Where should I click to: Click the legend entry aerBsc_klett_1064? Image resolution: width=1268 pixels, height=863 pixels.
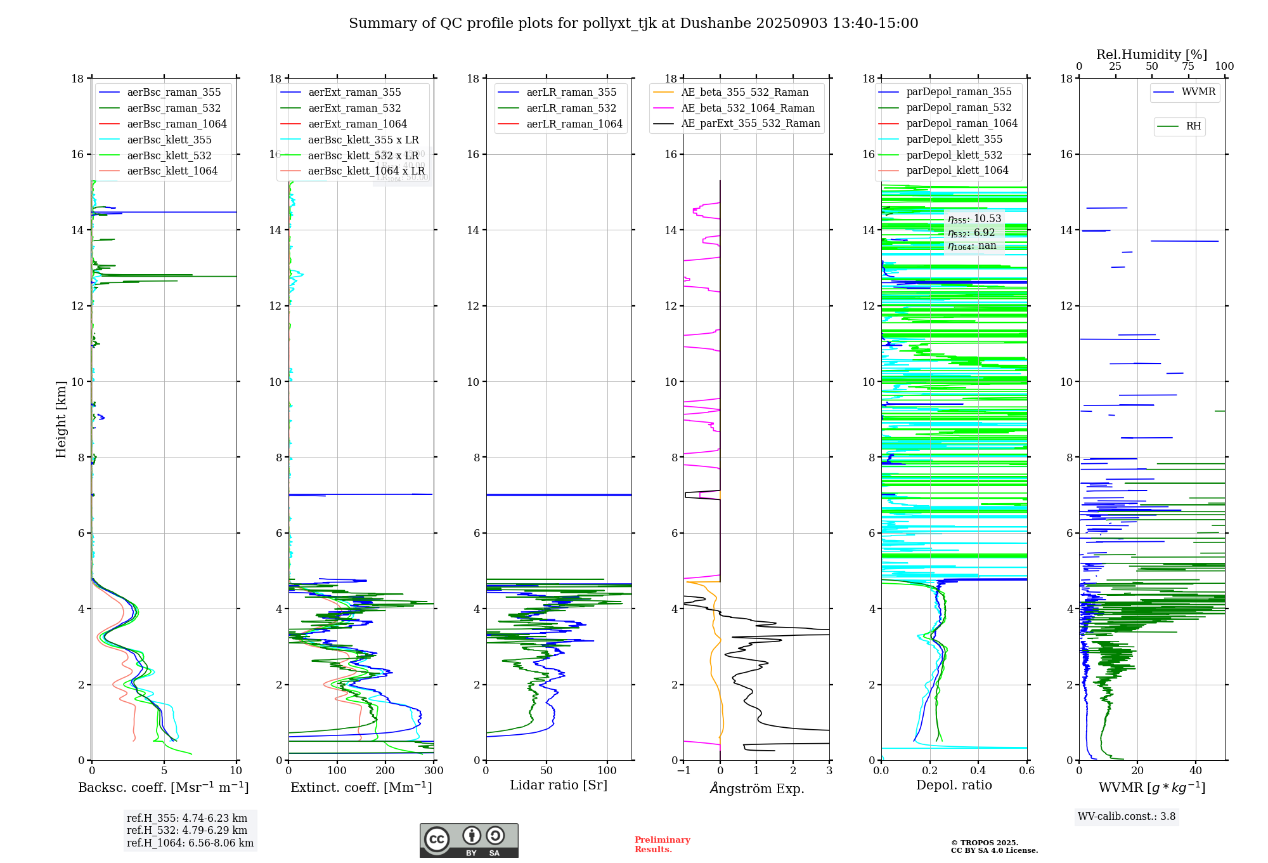[172, 171]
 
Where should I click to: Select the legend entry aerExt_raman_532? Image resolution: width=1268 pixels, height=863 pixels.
[354, 109]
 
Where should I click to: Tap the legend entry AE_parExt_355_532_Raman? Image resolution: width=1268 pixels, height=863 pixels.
[750, 124]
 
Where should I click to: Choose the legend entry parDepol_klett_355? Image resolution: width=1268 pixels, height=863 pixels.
[954, 140]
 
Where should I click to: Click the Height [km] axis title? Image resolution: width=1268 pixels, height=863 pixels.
[61, 419]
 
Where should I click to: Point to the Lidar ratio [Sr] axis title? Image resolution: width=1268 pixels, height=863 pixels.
[558, 785]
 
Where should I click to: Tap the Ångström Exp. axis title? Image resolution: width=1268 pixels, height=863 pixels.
[756, 789]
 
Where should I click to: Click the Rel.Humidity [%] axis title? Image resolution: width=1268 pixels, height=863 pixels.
[1151, 55]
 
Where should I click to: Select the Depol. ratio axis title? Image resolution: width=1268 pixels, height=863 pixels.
[954, 785]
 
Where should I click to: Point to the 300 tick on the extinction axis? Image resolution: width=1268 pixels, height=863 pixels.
[434, 771]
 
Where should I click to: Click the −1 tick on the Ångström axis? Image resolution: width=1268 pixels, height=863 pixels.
[683, 771]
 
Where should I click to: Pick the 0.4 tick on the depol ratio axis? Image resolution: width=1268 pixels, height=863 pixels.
[978, 771]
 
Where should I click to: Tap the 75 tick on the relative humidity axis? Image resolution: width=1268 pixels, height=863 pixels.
[1188, 67]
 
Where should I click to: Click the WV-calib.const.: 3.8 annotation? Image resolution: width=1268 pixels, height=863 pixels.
[1126, 817]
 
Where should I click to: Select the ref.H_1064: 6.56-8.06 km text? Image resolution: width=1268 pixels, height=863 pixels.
[190, 843]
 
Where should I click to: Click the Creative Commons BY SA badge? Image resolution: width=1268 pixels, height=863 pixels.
[469, 840]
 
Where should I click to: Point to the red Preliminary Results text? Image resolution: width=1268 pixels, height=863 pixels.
[662, 845]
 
